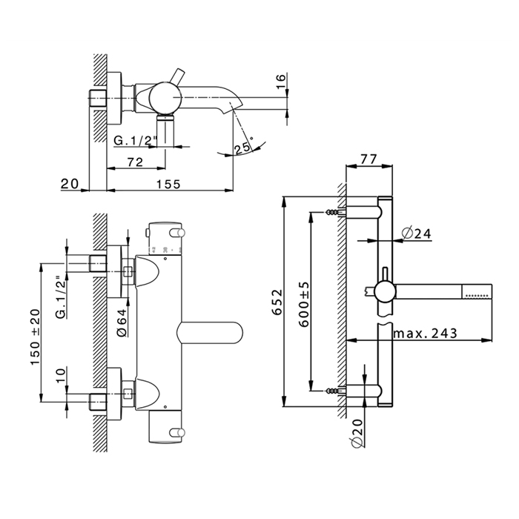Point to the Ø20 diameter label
coord(356,432)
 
